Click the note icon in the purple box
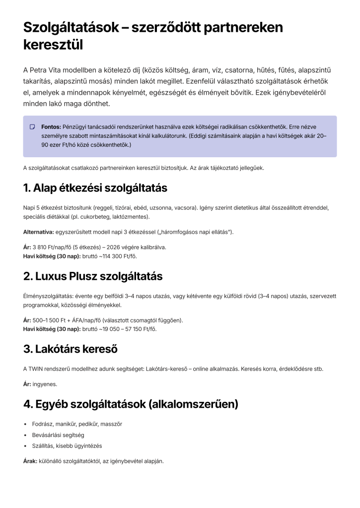(32, 127)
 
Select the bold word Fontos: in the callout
(51, 127)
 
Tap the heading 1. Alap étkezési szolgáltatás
(95, 188)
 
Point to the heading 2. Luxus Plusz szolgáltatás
(93, 276)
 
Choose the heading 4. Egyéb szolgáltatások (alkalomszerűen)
(131, 404)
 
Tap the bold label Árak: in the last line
(30, 461)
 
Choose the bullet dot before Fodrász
(25, 424)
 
